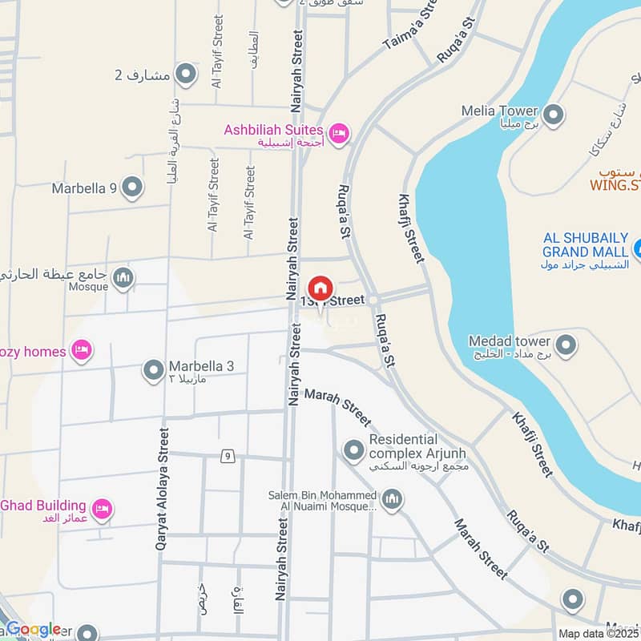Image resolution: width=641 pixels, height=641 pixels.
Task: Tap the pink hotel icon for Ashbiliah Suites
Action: pyautogui.click(x=339, y=133)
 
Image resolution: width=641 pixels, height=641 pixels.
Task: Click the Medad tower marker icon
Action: pyautogui.click(x=566, y=345)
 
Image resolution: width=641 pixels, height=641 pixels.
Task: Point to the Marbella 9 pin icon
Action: pyautogui.click(x=133, y=188)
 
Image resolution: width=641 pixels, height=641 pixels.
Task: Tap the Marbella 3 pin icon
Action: pyautogui.click(x=153, y=370)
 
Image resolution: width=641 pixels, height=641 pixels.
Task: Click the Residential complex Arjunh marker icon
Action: pyautogui.click(x=353, y=451)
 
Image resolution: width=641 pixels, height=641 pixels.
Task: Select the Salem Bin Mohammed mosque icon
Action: pyautogui.click(x=392, y=501)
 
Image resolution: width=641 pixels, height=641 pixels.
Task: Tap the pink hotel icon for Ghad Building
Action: pyautogui.click(x=102, y=509)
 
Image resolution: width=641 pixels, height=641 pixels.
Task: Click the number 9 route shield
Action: pyautogui.click(x=228, y=456)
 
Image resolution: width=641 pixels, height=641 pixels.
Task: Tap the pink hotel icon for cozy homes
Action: pyautogui.click(x=81, y=350)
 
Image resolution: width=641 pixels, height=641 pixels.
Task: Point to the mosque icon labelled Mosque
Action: pyautogui.click(x=123, y=278)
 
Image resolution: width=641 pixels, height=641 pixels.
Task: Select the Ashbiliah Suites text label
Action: pyautogui.click(x=273, y=130)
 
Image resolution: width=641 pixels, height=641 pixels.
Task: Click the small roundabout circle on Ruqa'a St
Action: pyautogui.click(x=373, y=299)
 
